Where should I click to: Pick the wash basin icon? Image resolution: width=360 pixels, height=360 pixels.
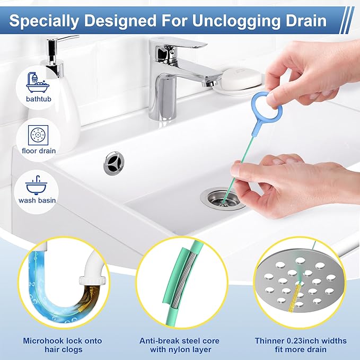[40, 183]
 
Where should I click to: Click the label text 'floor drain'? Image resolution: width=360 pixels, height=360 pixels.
[40, 151]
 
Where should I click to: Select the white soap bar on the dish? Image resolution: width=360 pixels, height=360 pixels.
[241, 77]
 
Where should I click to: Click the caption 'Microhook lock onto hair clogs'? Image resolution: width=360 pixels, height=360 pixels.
[62, 345]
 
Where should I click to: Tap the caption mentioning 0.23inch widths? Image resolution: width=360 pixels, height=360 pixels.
[300, 345]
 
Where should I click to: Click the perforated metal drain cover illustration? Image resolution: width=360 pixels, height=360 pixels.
[300, 284]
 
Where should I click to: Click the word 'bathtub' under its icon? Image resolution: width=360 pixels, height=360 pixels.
[40, 99]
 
